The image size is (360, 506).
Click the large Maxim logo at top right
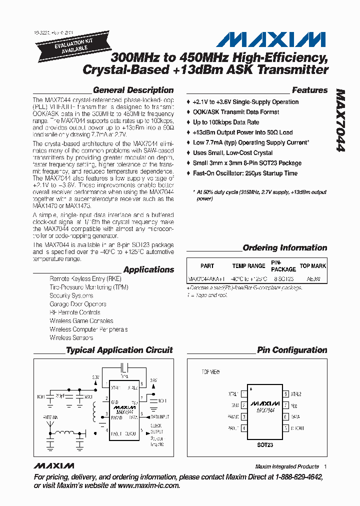point(266,40)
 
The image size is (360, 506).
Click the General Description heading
point(133,90)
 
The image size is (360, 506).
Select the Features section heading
point(309,90)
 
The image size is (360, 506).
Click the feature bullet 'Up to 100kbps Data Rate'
point(226,122)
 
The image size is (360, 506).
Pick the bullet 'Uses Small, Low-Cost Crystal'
point(232,153)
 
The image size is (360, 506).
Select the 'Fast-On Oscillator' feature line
point(245,173)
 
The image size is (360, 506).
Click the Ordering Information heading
point(284,248)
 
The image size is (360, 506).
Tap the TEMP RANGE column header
point(248,266)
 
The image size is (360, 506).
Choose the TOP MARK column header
point(312,266)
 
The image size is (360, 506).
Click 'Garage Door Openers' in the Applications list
point(77,304)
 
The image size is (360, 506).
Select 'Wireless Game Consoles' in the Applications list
point(81,321)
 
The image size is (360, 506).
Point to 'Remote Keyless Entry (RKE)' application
point(85,278)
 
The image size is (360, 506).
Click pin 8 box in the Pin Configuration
point(286,394)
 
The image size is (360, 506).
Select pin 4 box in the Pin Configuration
point(243,428)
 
